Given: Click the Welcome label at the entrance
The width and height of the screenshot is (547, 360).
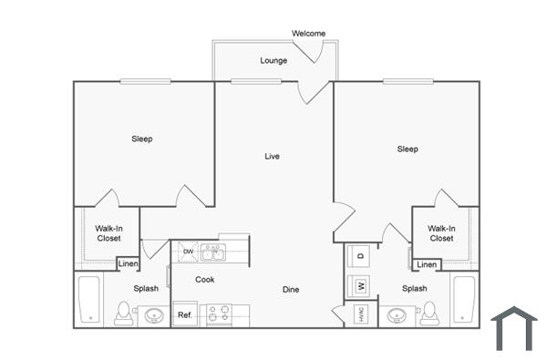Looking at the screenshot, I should pos(308,34).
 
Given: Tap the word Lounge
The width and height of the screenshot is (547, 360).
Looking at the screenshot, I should pos(273,61).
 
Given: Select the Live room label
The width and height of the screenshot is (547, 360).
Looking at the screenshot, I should pos(272,156).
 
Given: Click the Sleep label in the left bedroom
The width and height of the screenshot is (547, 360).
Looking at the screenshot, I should pos(141,139).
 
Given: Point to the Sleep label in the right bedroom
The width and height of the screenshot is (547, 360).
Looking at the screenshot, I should pos(408,149).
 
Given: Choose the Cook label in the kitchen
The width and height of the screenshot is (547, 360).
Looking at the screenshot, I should pos(205,280).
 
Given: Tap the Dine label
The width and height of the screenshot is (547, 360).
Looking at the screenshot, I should pos(290,290).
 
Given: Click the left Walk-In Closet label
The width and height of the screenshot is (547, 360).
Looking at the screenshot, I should pos(108,233).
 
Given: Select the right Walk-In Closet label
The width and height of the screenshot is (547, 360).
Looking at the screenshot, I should pos(441,233).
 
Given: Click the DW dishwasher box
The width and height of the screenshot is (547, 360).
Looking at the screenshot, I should pos(187,251).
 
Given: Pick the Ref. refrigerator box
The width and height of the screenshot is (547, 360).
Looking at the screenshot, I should pos(184,315).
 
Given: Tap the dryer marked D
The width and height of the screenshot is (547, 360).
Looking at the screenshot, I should pos(360,256).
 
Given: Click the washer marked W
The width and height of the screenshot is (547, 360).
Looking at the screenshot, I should pos(360,286).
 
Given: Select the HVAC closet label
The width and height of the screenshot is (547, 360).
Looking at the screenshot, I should pos(360,314).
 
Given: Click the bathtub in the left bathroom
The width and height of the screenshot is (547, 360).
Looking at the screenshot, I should pos(89,299).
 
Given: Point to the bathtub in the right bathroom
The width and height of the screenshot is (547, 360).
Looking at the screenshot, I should pos(464,299).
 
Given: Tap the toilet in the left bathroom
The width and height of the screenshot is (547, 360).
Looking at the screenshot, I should pos(123,314).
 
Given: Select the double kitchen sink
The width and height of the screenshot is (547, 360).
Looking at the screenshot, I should pos(212,252).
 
